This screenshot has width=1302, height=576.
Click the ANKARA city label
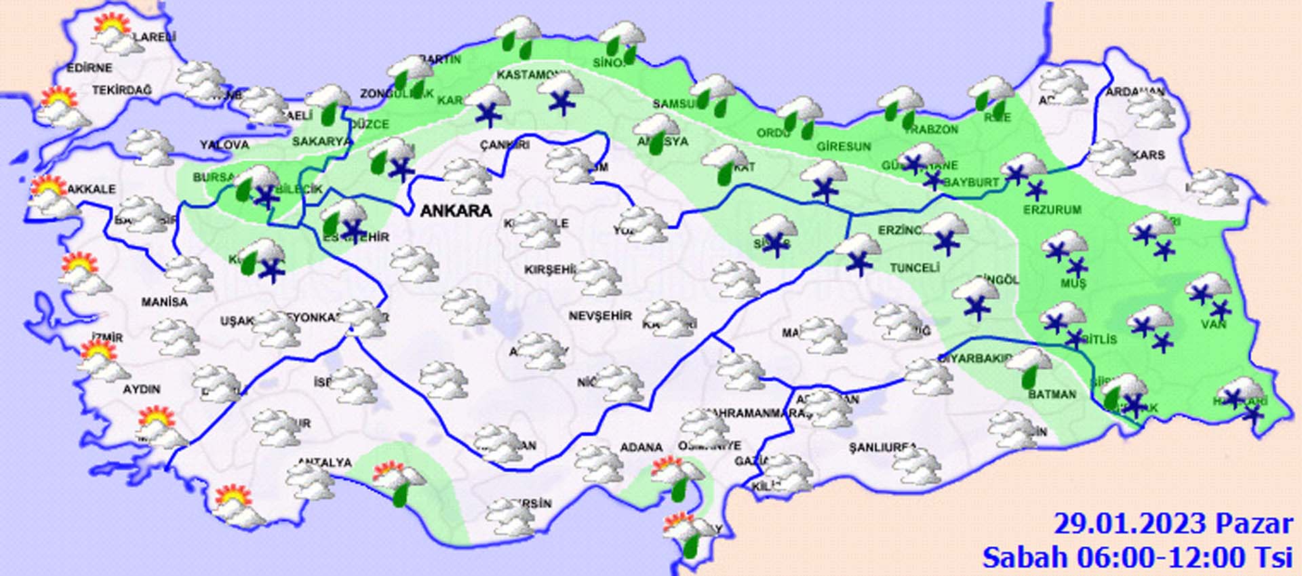[x=456, y=211]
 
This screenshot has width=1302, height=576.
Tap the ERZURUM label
[x=1052, y=210]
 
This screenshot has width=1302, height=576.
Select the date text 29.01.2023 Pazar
[x=1173, y=524]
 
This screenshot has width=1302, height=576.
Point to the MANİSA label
[x=165, y=302]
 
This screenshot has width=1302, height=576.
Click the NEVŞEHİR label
[x=600, y=316]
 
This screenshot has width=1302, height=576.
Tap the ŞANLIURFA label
[x=882, y=448]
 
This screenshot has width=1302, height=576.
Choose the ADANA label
[x=641, y=448]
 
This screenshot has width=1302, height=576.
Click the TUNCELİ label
[x=914, y=268]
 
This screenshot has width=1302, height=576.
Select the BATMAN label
[x=1052, y=394]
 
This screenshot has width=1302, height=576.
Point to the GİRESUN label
[x=843, y=146]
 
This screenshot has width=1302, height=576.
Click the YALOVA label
[x=224, y=145]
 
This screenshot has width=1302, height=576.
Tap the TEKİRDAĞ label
[x=122, y=90]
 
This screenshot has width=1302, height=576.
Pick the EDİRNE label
[x=90, y=69]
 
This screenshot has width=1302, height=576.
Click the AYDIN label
[x=142, y=389]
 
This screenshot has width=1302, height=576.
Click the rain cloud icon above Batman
[x=1029, y=367]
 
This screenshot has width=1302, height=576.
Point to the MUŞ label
[x=1073, y=284]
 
